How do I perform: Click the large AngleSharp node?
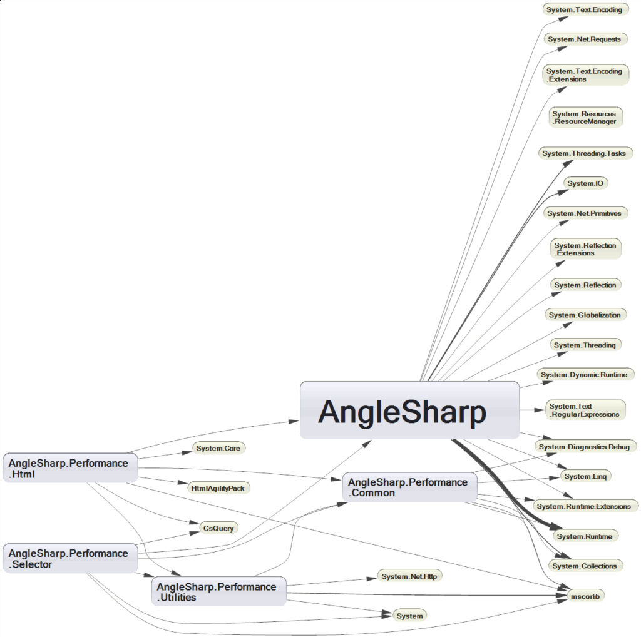409,410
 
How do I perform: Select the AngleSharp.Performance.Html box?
69,469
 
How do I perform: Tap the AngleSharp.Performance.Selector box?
69,559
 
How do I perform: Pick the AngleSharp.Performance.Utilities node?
218,592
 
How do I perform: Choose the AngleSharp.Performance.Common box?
409,487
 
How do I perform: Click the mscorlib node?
585,596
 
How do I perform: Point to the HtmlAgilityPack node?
218,488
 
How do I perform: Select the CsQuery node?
218,528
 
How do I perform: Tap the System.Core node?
218,448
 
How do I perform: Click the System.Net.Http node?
409,576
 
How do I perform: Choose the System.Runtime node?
585,536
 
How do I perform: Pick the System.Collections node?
585,566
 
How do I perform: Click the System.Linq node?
585,476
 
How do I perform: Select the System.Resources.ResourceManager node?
585,118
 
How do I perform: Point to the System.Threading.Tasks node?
585,153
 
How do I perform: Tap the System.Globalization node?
585,315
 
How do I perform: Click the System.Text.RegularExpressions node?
585,410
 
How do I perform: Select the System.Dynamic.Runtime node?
586,374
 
